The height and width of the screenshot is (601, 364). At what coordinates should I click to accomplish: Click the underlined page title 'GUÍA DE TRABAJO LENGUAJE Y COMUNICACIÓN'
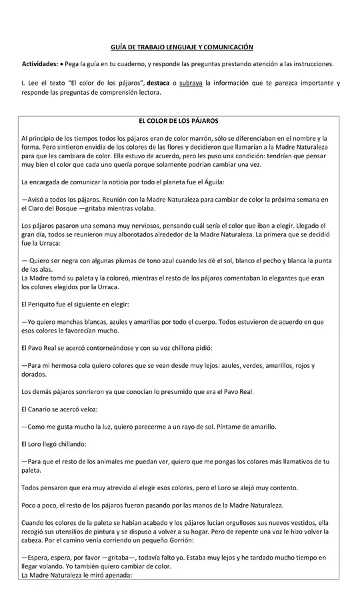point(181,47)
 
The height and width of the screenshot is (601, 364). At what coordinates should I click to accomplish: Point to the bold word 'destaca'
point(158,83)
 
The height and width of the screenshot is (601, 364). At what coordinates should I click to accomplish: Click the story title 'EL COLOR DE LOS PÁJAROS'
point(178,121)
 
